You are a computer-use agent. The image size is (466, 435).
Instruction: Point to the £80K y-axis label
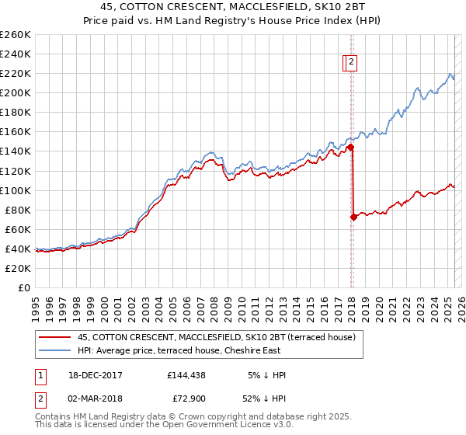pos(16,210)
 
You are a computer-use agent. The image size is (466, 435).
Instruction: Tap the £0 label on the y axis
pos(25,287)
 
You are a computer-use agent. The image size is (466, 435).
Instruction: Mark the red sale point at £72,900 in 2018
pos(353,217)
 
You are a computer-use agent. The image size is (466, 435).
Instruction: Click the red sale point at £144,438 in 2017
pos(351,147)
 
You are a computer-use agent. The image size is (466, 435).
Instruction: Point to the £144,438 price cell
pos(185,375)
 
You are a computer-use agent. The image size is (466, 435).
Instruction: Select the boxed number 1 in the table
pos(40,375)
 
